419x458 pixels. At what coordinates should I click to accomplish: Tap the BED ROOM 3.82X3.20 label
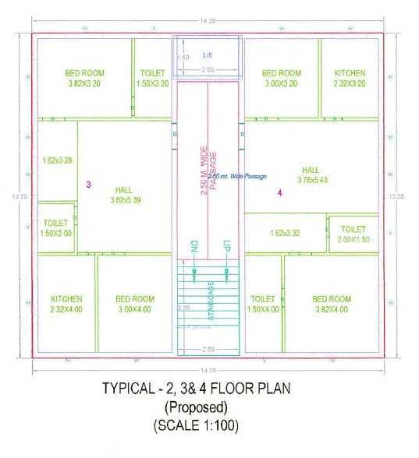(x=85, y=78)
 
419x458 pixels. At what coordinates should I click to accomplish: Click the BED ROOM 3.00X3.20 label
(x=282, y=78)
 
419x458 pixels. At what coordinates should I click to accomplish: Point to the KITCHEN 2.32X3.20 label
(x=349, y=78)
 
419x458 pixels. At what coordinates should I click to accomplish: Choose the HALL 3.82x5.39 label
(x=123, y=195)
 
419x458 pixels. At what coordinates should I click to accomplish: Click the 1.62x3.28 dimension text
(x=58, y=161)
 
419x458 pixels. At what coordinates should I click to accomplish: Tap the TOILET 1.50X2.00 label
(x=56, y=227)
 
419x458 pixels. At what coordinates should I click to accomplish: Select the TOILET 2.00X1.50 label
(x=353, y=234)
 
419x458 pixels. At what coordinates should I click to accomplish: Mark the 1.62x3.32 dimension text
(x=286, y=233)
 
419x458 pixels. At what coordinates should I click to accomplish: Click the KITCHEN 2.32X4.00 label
(x=66, y=304)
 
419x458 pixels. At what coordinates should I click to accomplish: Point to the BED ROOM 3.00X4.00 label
(x=135, y=304)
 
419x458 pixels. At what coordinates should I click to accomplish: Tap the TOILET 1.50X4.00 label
(x=264, y=304)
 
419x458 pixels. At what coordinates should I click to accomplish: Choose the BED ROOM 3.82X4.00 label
(x=332, y=304)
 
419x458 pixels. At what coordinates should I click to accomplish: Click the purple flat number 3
(x=88, y=185)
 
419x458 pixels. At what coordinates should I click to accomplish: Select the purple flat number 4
(x=279, y=192)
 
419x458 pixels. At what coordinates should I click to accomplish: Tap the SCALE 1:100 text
(x=196, y=426)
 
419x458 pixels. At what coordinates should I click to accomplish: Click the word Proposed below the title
(x=195, y=407)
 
